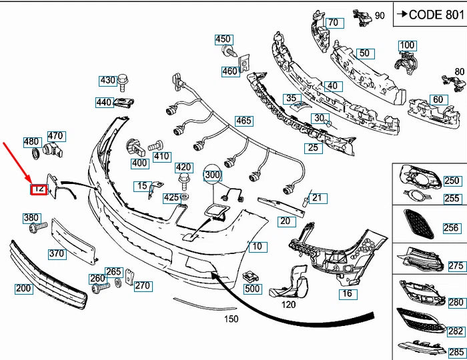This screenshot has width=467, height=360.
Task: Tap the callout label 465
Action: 244,121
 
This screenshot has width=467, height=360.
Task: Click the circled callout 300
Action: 212,175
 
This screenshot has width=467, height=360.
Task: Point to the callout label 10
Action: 257,247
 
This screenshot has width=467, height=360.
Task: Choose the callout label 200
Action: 24,289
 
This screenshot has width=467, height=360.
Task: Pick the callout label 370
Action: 57,253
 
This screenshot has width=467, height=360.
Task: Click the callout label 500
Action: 252,289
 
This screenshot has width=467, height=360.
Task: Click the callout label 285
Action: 456,352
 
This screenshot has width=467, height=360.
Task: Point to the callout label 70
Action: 332,23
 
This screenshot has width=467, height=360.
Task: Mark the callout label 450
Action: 223,39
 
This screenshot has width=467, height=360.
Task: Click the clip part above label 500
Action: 252,275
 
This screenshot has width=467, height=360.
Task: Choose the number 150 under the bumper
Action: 231,319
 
